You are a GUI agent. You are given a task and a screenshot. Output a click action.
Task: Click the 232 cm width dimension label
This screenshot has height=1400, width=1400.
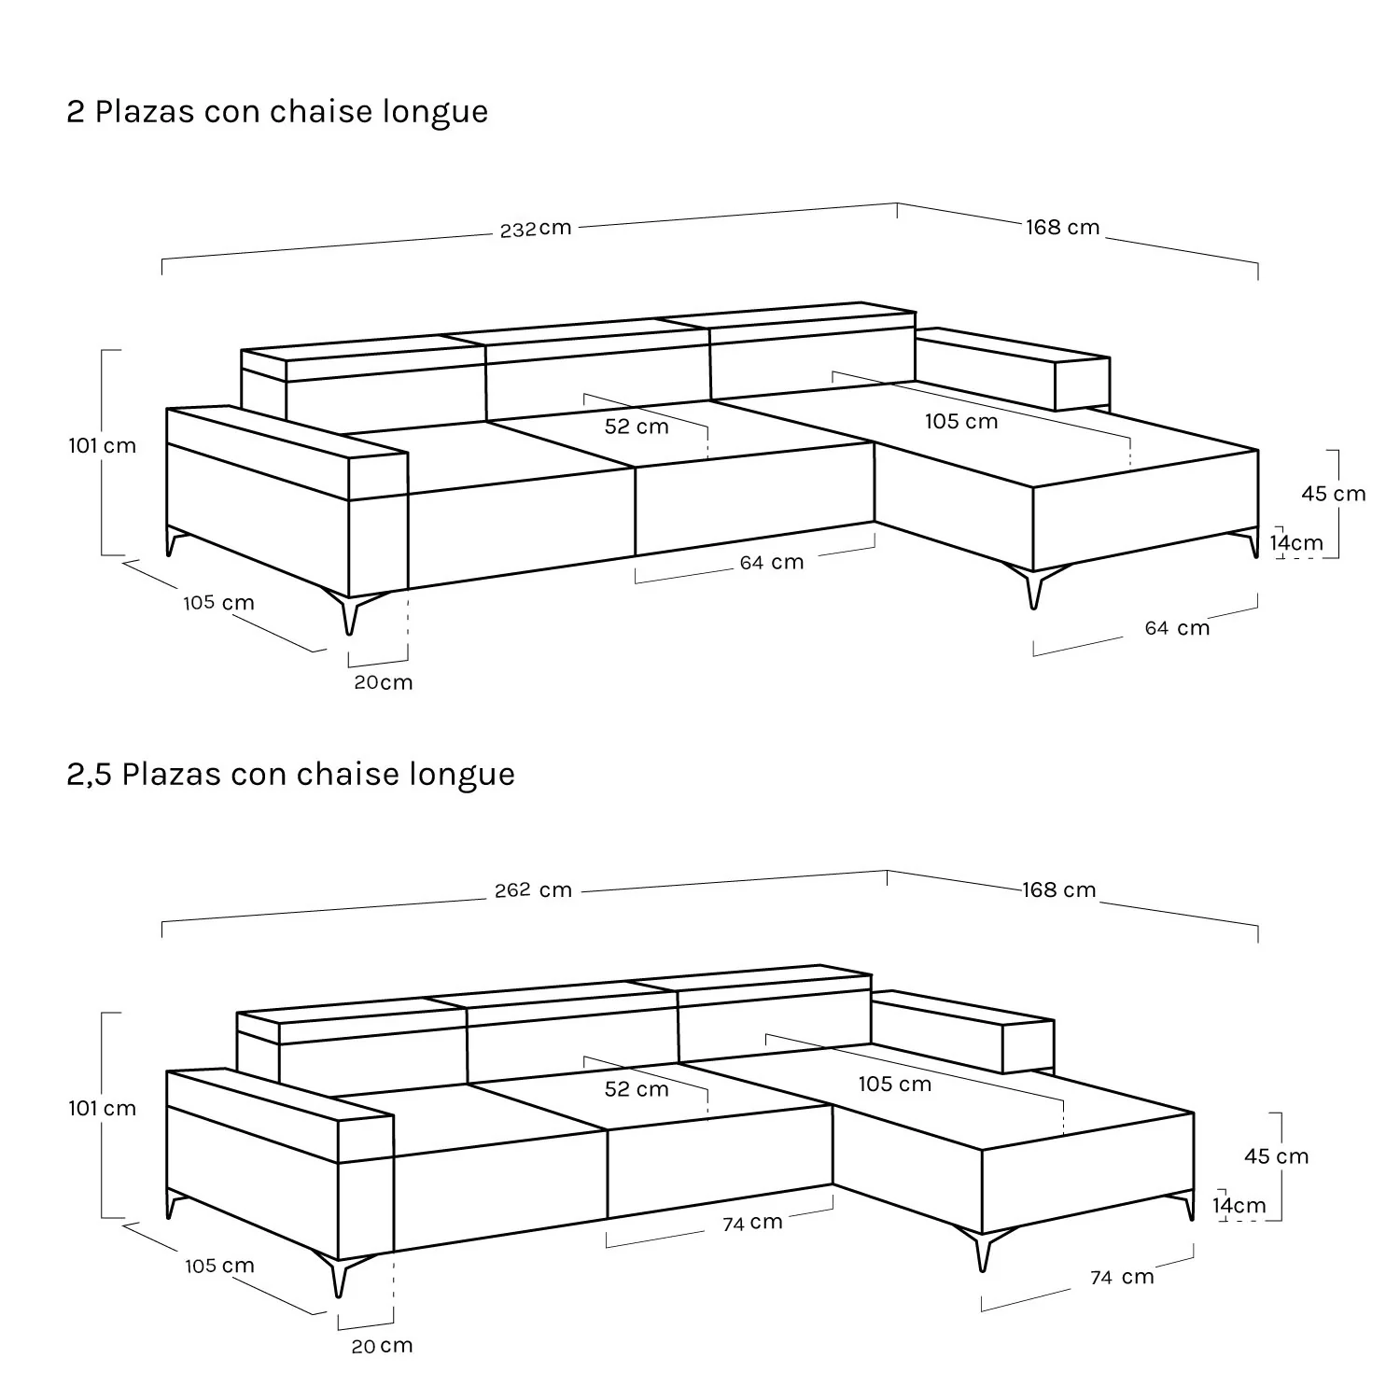point(536,229)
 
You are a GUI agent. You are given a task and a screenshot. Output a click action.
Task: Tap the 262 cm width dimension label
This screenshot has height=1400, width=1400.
point(533,890)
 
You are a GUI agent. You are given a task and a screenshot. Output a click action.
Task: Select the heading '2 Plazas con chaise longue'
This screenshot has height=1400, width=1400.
point(277,112)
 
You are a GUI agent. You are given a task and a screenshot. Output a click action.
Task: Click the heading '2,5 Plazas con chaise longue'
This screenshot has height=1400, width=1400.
point(290,775)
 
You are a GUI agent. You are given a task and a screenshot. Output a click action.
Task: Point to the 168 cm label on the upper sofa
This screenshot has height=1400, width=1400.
point(1063,228)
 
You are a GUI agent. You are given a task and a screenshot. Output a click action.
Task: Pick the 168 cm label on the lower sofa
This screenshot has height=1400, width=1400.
point(1059,890)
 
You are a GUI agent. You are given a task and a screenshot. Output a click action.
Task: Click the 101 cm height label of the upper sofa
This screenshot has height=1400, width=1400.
point(102,446)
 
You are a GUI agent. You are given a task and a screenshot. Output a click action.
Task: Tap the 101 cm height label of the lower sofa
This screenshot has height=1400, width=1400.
point(102,1109)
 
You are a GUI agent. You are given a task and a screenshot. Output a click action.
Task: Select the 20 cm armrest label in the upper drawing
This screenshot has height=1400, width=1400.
point(383,682)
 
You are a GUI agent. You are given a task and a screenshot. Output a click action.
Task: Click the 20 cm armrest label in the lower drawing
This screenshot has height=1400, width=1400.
point(382,1346)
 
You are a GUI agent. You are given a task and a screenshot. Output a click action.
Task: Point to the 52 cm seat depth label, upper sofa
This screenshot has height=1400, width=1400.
point(637,427)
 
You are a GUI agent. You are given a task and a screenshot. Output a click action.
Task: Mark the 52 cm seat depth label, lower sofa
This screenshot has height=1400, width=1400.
point(637,1089)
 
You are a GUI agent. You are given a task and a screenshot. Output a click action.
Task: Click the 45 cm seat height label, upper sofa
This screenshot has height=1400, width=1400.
point(1334,494)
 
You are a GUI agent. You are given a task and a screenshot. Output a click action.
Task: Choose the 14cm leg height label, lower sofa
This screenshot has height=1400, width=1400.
point(1239,1206)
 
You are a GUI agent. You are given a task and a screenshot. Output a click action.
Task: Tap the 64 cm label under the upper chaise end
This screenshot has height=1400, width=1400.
point(1178,628)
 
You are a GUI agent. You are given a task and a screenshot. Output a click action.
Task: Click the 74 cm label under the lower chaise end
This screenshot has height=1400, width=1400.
point(1122,1277)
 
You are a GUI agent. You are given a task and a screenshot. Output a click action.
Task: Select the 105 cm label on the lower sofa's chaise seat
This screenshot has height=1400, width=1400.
point(895,1084)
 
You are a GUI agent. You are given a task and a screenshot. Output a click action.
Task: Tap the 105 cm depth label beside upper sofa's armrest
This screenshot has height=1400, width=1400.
point(218,603)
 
